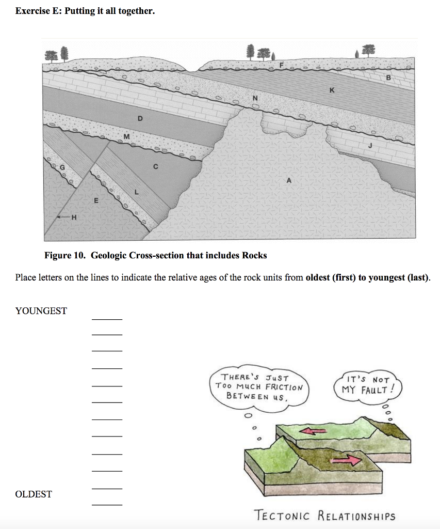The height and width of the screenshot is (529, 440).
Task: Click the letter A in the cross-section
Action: point(289,180)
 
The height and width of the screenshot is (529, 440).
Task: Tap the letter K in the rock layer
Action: point(332,90)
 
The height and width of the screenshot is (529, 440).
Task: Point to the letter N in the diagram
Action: point(254,98)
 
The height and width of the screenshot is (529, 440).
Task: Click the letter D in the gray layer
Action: point(139,118)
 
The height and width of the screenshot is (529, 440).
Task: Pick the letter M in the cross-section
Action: point(126,136)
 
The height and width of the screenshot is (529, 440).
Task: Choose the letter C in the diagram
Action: point(155,166)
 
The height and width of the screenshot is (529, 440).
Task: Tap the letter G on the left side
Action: point(63,167)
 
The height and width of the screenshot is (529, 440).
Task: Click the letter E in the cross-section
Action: point(95,199)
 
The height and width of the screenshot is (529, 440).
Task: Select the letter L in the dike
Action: point(136,192)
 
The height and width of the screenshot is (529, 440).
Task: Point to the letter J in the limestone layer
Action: point(369,146)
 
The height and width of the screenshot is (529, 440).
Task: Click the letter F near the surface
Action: point(281,65)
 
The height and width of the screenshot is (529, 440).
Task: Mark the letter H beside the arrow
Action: point(74,217)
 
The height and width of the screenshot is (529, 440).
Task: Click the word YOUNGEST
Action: point(41,311)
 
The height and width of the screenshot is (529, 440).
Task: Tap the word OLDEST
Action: point(34,494)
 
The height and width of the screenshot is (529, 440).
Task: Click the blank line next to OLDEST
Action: point(107,503)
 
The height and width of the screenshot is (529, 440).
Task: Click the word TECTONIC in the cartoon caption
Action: point(283,516)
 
